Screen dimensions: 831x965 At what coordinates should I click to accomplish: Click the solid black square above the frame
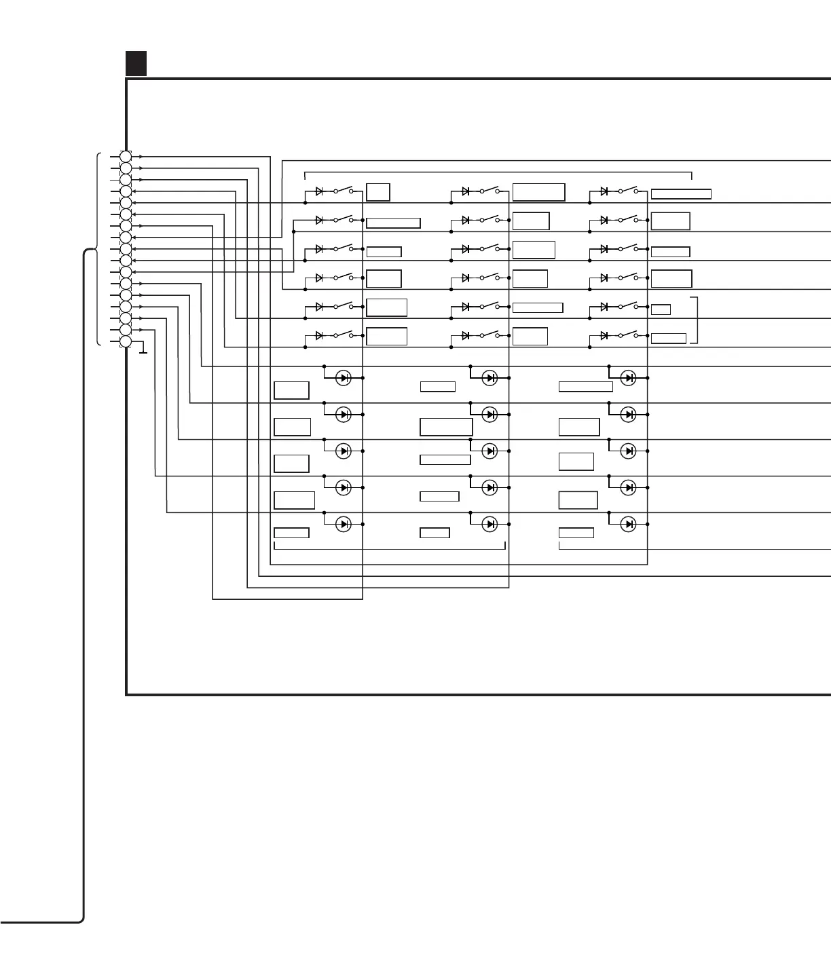pyautogui.click(x=136, y=63)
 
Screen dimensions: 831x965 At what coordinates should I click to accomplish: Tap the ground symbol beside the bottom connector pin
pyautogui.click(x=142, y=350)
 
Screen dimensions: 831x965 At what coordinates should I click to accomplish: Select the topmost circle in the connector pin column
pyautogui.click(x=126, y=157)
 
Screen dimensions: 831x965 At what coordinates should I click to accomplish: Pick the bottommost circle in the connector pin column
pyautogui.click(x=126, y=341)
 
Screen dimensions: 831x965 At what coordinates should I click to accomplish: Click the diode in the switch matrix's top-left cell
pyautogui.click(x=320, y=191)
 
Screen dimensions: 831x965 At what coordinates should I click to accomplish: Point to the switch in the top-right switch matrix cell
pyautogui.click(x=628, y=191)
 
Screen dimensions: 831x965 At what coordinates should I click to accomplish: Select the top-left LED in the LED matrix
pyautogui.click(x=344, y=378)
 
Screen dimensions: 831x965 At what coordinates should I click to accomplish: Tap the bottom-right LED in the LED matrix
pyautogui.click(x=629, y=524)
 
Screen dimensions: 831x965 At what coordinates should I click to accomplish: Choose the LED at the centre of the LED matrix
pyautogui.click(x=490, y=451)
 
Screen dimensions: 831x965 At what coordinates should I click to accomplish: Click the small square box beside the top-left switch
pyautogui.click(x=378, y=192)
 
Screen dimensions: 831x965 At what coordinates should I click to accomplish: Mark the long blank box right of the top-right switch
pyautogui.click(x=681, y=194)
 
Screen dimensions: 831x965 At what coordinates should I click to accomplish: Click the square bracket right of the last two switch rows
pyautogui.click(x=695, y=320)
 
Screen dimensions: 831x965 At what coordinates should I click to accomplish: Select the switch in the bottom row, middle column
pyautogui.click(x=490, y=335)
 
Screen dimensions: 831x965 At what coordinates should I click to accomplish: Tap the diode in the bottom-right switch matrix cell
pyautogui.click(x=604, y=335)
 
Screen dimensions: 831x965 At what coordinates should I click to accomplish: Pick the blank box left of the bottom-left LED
pyautogui.click(x=291, y=533)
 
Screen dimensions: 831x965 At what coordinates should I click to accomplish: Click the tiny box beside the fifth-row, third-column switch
pyautogui.click(x=661, y=309)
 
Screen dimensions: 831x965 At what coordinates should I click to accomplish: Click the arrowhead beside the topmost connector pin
pyautogui.click(x=141, y=157)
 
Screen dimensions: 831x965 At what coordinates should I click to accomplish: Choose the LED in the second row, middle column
pyautogui.click(x=490, y=414)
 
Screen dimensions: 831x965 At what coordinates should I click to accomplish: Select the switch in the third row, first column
pyautogui.click(x=344, y=248)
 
